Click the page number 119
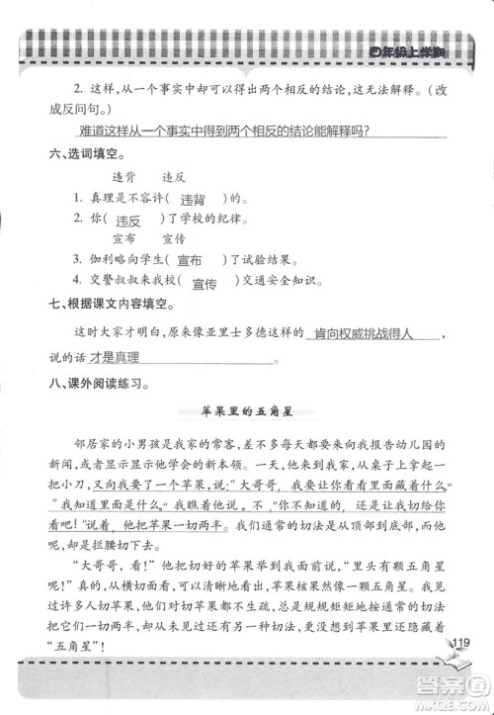coord(460,646)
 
